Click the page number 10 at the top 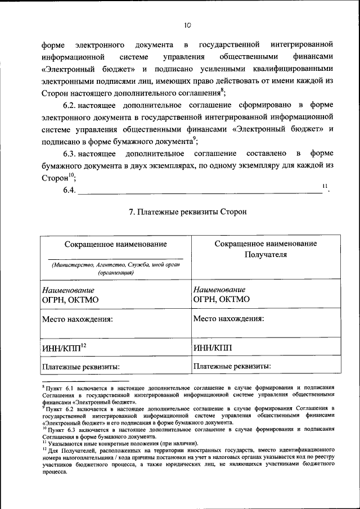click(187, 25)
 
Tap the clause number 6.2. click(70, 105)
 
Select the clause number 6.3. click(70, 154)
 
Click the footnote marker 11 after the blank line click(325, 186)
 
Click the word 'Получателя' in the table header click(265, 254)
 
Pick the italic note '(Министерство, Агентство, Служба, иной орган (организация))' click(115, 268)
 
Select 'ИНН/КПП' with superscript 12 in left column click(64, 347)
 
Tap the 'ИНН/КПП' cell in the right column click(213, 348)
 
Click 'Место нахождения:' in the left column click(78, 319)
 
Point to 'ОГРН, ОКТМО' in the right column click(221, 300)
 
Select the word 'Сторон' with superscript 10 click(55, 178)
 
